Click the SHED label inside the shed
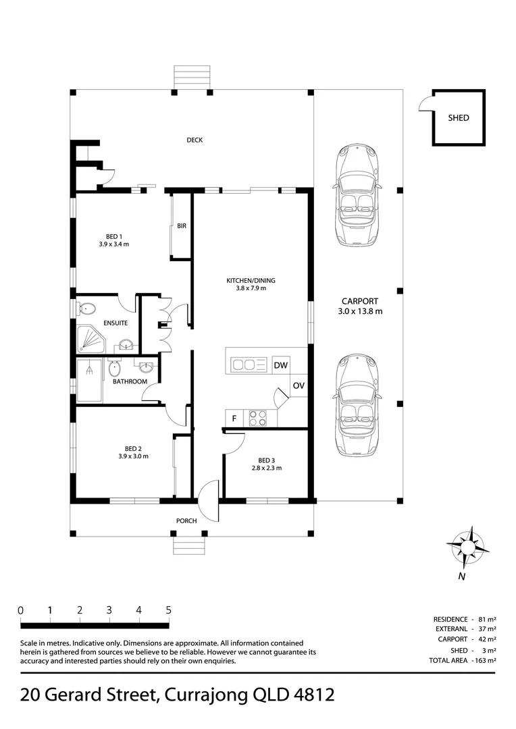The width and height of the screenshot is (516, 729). tap(458, 117)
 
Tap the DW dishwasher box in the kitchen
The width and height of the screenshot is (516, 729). tap(282, 365)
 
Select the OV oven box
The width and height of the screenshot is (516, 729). tap(299, 385)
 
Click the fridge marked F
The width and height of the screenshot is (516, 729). tap(234, 418)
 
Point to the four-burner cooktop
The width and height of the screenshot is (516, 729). tap(259, 418)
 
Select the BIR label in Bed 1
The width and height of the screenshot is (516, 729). tap(181, 226)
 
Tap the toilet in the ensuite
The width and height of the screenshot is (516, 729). tap(86, 309)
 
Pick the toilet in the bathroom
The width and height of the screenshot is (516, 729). tap(114, 369)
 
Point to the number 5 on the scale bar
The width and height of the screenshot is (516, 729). tap(168, 610)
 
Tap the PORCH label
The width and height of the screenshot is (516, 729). tap(186, 520)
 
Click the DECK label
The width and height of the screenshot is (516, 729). tap(195, 140)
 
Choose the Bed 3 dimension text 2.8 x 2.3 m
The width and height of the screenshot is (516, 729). tap(266, 468)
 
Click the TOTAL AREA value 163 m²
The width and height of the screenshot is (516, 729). tap(484, 660)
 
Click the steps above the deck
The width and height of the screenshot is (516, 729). tap(192, 76)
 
